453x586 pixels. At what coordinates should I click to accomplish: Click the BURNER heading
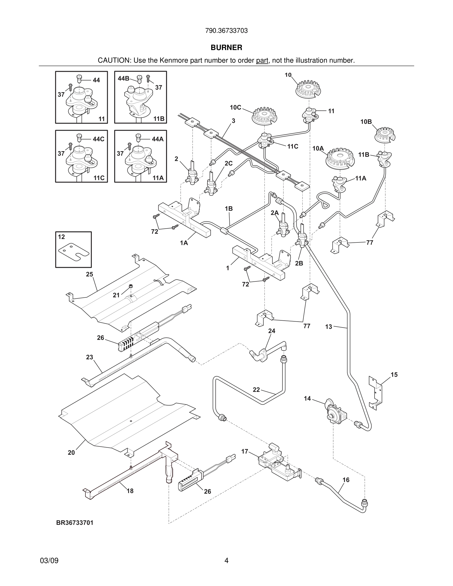[226, 48]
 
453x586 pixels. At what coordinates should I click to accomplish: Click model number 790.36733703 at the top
[226, 31]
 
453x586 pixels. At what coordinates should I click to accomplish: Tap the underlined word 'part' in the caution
[262, 61]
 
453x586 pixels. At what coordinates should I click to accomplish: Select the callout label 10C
[235, 108]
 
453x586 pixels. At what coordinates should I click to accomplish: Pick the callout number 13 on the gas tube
[329, 327]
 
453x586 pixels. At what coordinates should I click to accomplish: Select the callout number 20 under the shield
[71, 453]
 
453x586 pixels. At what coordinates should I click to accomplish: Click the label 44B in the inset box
[123, 78]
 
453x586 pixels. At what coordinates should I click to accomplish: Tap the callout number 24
[272, 331]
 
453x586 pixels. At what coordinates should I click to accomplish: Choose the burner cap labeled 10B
[385, 135]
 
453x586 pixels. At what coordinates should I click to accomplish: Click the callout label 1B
[229, 208]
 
